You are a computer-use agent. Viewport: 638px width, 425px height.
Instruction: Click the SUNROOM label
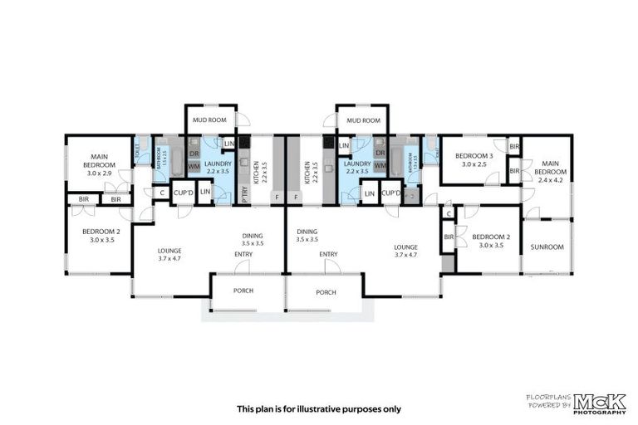[547, 247]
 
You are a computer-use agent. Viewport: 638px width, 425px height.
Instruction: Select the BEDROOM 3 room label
[473, 156]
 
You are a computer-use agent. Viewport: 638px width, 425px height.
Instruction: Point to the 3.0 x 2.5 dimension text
[473, 164]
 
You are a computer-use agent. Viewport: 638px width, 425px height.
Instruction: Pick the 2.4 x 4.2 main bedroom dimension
[549, 179]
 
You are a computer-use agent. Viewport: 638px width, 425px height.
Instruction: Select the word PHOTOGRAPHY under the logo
[598, 412]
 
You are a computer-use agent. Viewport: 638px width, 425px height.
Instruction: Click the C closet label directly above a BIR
[449, 214]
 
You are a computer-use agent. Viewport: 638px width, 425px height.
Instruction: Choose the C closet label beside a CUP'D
[161, 193]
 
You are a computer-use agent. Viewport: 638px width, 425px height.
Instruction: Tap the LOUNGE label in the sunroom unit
[405, 247]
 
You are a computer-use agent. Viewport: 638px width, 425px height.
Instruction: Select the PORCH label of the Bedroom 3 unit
[326, 292]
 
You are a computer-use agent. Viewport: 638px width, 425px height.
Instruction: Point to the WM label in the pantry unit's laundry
[194, 167]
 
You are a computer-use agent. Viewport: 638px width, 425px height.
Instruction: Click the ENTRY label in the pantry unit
[243, 254]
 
